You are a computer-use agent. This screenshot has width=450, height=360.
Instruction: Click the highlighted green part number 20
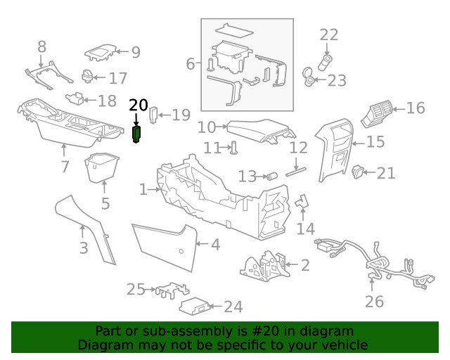(137, 134)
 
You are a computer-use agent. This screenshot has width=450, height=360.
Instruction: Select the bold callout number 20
(139, 105)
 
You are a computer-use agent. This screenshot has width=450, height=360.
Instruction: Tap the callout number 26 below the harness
(374, 302)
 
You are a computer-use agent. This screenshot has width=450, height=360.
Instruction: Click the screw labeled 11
(234, 147)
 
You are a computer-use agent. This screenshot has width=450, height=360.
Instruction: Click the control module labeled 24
(194, 306)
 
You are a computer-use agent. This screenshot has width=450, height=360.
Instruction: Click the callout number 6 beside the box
(190, 64)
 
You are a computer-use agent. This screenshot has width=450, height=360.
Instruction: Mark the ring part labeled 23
(308, 77)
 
